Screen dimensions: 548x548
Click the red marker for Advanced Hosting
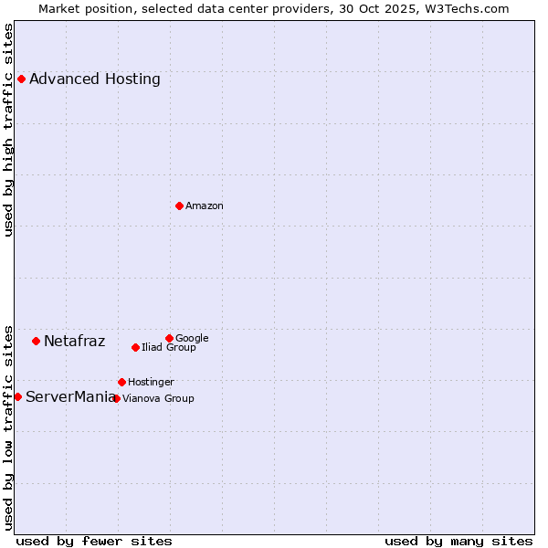coord(21,79)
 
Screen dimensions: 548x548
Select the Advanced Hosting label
coord(95,79)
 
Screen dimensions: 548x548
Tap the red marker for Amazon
coord(179,205)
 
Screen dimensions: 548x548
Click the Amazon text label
coord(205,206)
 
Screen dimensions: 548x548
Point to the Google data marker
coord(169,338)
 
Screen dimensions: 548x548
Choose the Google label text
coord(192,339)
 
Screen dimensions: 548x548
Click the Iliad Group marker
coord(135,347)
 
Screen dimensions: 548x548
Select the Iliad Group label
coord(169,348)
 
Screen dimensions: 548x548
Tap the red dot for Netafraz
coord(36,341)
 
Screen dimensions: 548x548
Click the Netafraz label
coord(75,342)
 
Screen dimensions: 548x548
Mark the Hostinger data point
coord(121,382)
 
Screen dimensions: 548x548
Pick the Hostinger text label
coord(151,383)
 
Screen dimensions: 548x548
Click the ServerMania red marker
coord(17,396)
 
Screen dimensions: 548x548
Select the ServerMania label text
coord(70,397)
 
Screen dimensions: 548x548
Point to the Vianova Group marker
coord(116,398)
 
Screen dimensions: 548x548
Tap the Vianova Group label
coord(158,399)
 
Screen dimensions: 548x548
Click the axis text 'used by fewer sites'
coord(94,541)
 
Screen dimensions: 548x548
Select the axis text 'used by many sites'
coord(458,541)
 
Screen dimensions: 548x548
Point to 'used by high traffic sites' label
coord(9,130)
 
